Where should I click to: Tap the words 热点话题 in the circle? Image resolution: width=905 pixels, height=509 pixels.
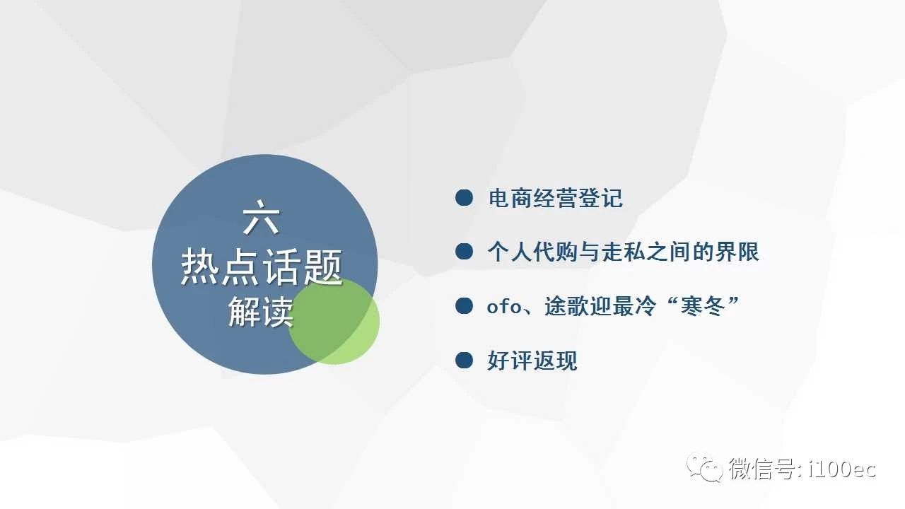click(262, 267)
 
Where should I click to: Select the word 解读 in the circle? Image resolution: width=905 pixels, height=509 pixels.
click(261, 312)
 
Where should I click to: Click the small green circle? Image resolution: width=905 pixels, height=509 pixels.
click(334, 321)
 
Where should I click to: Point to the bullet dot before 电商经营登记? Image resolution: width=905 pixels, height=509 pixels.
click(464, 197)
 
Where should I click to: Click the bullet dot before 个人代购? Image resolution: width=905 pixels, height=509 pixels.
click(464, 251)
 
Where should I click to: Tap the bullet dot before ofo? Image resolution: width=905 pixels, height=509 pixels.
click(464, 306)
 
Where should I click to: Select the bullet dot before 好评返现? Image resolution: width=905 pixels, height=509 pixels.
click(464, 361)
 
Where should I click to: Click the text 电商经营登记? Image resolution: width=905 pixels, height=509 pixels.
click(556, 198)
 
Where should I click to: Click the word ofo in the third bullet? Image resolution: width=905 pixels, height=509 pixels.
click(504, 306)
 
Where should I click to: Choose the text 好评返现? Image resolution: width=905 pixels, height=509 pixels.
click(532, 361)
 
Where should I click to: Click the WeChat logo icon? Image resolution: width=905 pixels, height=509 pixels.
click(705, 468)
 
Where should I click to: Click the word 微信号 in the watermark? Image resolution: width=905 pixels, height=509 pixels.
click(761, 469)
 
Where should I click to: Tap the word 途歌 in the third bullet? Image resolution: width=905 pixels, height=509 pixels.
click(566, 306)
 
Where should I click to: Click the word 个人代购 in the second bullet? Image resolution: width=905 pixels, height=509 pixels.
click(532, 252)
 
